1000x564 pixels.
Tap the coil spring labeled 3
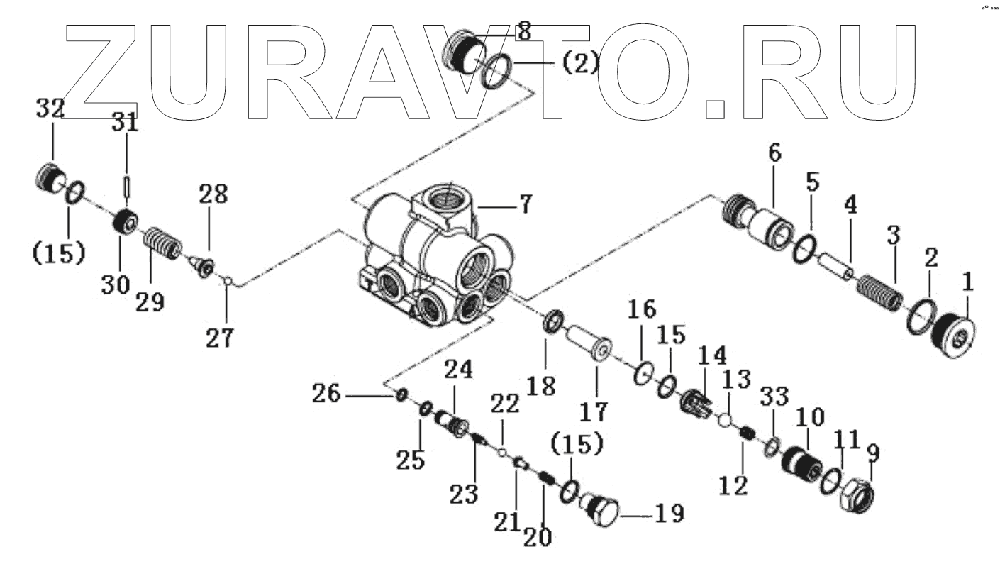pos(879,292)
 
